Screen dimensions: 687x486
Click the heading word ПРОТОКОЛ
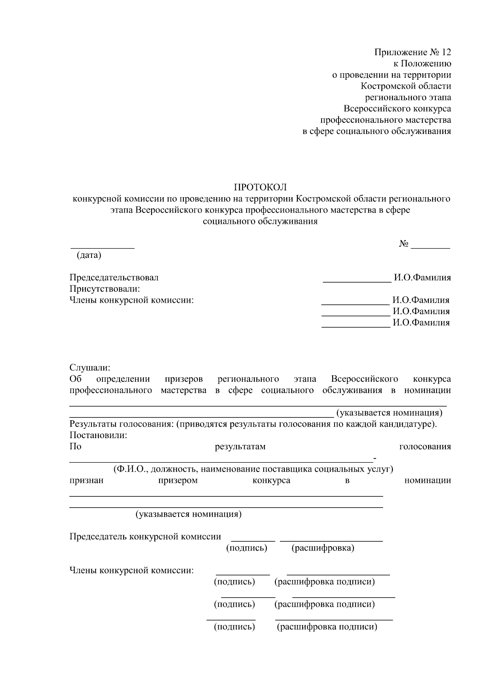260,187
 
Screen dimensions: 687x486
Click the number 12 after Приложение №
446,52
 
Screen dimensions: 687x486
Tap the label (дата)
89,255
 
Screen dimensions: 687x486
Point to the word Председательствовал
114,277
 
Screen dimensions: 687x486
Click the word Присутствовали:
104,289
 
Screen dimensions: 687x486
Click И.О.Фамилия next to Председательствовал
422,277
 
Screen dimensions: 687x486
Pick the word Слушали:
90,368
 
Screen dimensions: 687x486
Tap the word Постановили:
98,436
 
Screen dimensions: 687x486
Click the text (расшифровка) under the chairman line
323,548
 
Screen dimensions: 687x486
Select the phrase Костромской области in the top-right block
406,86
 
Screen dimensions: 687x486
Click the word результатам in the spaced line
240,447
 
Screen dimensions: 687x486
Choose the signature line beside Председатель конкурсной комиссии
253,540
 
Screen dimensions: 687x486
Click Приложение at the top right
401,52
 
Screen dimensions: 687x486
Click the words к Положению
422,64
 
